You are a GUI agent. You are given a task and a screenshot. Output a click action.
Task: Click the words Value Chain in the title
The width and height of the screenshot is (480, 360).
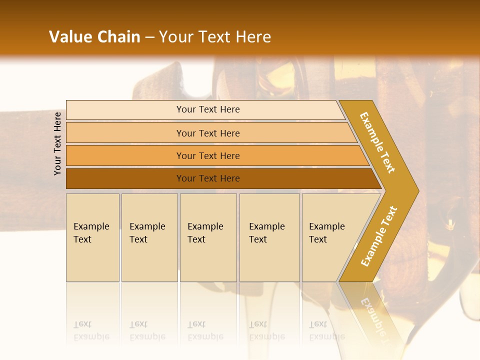(x=94, y=37)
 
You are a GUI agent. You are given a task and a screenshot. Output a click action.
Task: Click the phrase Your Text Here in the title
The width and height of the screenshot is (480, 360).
(x=215, y=37)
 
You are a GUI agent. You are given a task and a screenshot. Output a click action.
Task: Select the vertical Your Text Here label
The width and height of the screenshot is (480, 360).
(x=57, y=143)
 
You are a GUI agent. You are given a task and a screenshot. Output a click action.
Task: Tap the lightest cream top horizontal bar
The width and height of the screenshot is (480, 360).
(x=125, y=109)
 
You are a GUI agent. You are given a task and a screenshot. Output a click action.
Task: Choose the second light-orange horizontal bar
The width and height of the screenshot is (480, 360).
(x=125, y=133)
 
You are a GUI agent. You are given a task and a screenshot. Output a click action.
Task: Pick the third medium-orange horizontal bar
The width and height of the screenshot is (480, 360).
(x=125, y=155)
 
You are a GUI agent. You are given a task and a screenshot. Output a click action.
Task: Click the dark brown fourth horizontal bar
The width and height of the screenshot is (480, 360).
(x=125, y=178)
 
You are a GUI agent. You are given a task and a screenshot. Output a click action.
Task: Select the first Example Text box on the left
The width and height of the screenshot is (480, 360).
(x=92, y=238)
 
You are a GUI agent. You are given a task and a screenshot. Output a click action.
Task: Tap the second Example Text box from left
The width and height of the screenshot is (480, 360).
(x=149, y=238)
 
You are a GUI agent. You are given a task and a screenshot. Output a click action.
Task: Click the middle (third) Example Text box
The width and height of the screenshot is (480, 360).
(x=208, y=238)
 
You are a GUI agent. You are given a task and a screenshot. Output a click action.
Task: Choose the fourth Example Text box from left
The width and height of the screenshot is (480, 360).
(x=269, y=238)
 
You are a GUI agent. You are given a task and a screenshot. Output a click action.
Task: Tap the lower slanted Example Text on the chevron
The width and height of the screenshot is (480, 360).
(x=379, y=236)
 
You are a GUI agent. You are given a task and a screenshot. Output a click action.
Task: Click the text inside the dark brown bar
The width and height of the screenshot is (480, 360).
(x=208, y=178)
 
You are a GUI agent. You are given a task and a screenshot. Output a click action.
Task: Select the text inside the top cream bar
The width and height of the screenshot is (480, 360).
(x=208, y=109)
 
